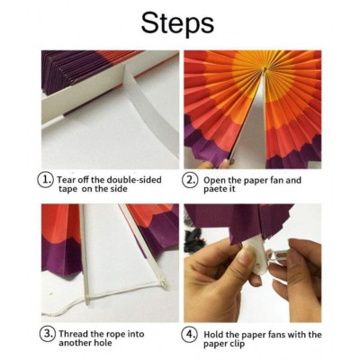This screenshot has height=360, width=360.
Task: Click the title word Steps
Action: (x=177, y=24)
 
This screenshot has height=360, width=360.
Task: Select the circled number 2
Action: (x=191, y=180)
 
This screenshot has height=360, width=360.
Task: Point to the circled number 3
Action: (x=48, y=334)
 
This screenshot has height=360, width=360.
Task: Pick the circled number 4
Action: (x=191, y=334)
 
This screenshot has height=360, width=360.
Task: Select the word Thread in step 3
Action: (x=73, y=334)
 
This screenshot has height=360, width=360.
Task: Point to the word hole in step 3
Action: (x=103, y=343)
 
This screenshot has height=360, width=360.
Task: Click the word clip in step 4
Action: (x=238, y=344)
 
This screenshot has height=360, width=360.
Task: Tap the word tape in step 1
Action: (x=67, y=189)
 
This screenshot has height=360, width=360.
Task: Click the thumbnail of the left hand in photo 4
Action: (x=247, y=253)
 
